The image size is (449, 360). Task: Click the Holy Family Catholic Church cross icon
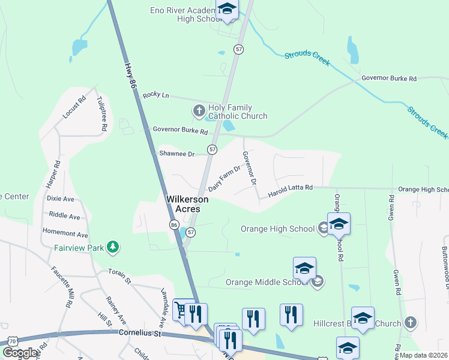pyautogui.click(x=199, y=111)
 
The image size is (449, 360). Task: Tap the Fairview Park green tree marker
pyautogui.click(x=112, y=247)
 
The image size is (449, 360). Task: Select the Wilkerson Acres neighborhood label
pyautogui.click(x=187, y=204)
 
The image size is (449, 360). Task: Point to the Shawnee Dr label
pyautogui.click(x=176, y=154)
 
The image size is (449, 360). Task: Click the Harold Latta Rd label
pyautogui.click(x=291, y=191)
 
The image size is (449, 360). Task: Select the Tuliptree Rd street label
pyautogui.click(x=103, y=113)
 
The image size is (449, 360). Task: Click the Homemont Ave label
pyautogui.click(x=65, y=235)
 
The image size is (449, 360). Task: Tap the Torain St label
pyautogui.click(x=119, y=274)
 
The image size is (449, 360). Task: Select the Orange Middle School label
pyautogui.click(x=267, y=282)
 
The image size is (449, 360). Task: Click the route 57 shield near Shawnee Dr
pyautogui.click(x=212, y=149)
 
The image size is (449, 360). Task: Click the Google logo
pyautogui.click(x=20, y=353)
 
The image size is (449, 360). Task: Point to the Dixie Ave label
pyautogui.click(x=60, y=198)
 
